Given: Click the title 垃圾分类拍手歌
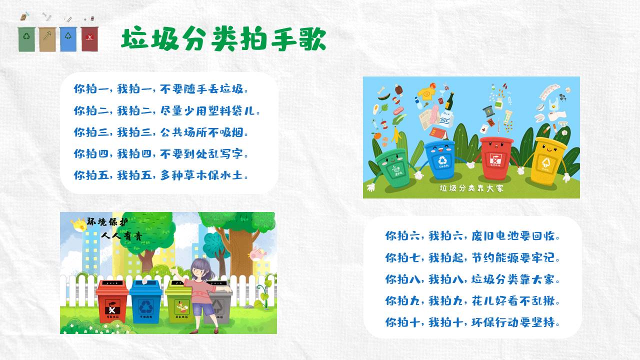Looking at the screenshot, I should [223, 38].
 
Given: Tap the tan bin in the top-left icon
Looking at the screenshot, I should [47, 39].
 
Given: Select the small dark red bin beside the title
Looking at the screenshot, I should [89, 39].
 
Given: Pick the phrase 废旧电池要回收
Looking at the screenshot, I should [515, 236].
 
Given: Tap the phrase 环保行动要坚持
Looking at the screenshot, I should [515, 322].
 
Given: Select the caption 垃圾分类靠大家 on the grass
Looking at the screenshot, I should [471, 188].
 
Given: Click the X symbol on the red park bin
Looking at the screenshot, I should [112, 309].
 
